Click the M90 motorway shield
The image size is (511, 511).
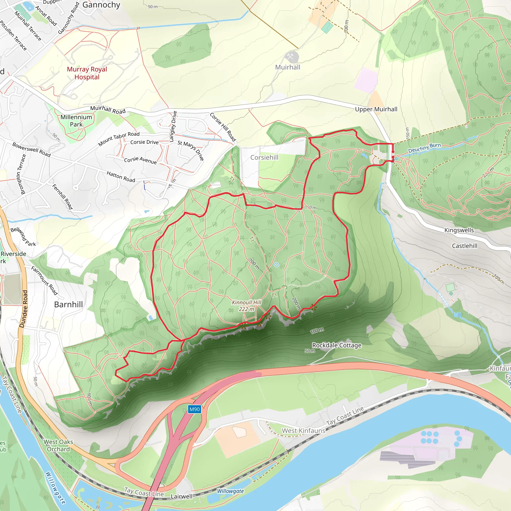[195, 409]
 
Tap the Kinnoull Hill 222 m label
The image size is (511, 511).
[247, 306]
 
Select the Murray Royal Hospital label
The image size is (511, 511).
[87, 73]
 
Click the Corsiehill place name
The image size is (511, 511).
[264, 157]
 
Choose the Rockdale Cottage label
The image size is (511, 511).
[337, 345]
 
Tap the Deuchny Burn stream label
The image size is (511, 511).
[424, 148]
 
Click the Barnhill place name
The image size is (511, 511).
[69, 304]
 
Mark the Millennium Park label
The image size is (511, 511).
[76, 121]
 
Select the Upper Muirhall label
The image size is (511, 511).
[376, 109]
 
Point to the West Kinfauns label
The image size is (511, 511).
[303, 431]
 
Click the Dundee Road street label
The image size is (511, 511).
[23, 309]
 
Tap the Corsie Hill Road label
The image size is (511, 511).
[223, 127]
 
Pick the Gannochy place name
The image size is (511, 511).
[101, 5]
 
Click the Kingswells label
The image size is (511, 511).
[459, 230]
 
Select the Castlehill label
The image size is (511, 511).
[465, 246]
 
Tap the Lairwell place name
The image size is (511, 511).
[181, 497]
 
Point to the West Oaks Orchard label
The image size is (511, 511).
[58, 445]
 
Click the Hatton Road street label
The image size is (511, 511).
[121, 177]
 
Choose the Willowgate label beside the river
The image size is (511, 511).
[230, 491]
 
